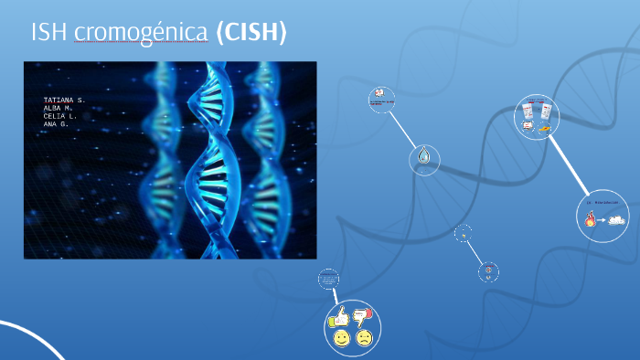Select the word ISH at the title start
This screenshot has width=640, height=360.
click(x=49, y=33)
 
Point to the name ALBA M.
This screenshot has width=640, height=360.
click(x=57, y=107)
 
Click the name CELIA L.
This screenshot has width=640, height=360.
click(x=59, y=115)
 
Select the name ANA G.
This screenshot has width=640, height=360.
click(x=56, y=123)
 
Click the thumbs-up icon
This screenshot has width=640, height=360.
click(x=341, y=317)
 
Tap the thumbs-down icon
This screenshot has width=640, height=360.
click(x=363, y=317)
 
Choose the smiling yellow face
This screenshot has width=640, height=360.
click(x=341, y=338)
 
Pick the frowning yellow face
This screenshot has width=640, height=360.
click(x=364, y=338)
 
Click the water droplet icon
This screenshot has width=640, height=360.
click(x=423, y=158)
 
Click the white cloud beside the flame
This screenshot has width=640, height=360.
click(x=617, y=219)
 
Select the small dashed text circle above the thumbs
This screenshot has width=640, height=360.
click(x=328, y=280)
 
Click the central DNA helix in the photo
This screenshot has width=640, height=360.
click(x=213, y=155)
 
